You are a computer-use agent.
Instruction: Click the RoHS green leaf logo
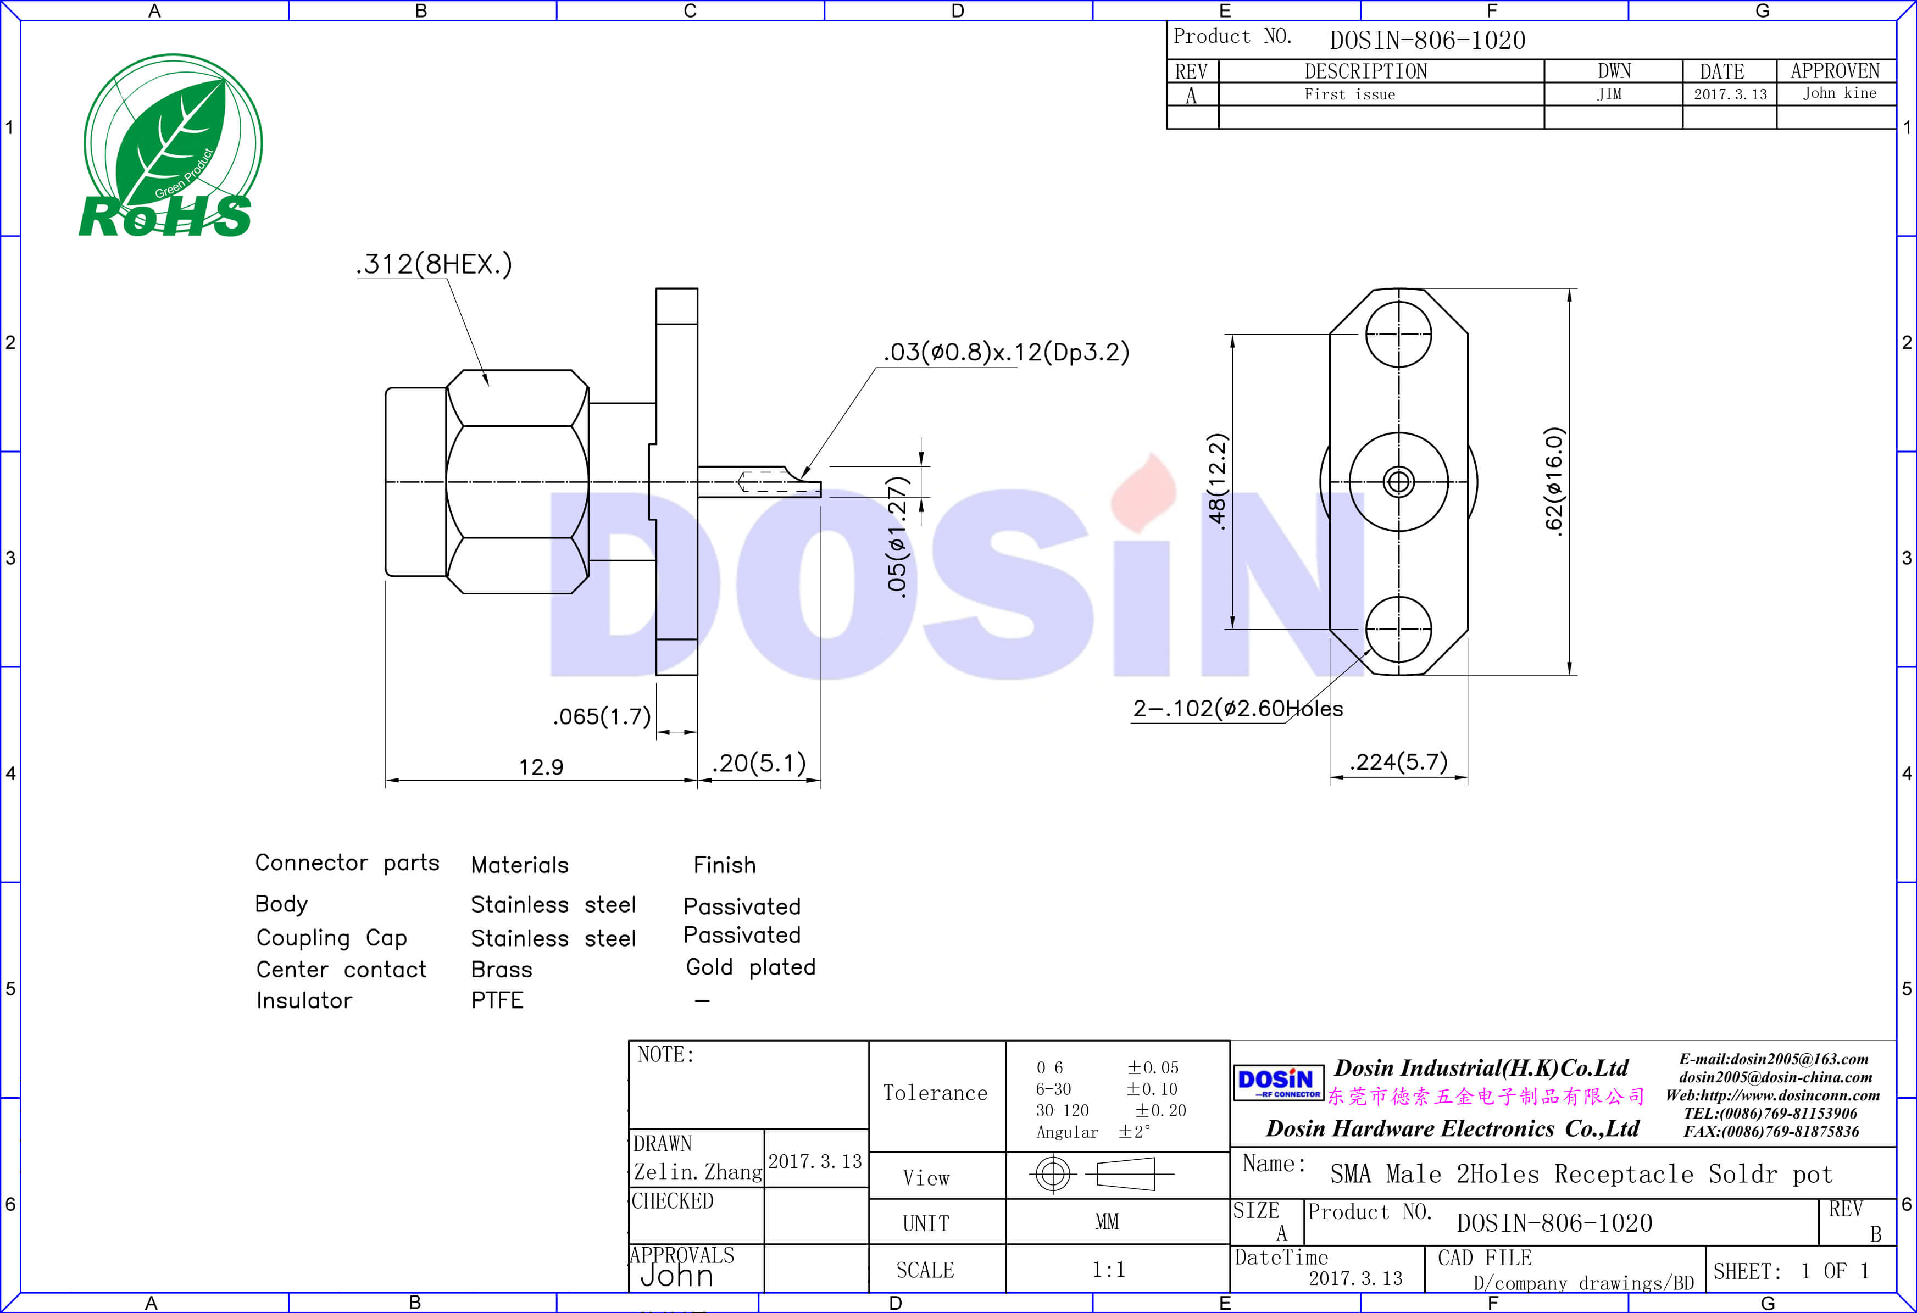pyautogui.click(x=171, y=146)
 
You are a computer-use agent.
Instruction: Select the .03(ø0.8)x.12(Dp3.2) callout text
pyautogui.click(x=1005, y=352)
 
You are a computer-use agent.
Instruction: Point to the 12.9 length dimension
pyautogui.click(x=541, y=767)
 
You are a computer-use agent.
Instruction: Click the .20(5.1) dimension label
pyautogui.click(x=759, y=763)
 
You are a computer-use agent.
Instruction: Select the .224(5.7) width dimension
pyautogui.click(x=1399, y=761)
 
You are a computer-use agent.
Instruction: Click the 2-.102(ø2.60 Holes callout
pyautogui.click(x=1237, y=709)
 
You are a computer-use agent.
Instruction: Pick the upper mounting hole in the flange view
pyautogui.click(x=1399, y=334)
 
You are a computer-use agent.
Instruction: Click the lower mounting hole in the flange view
pyautogui.click(x=1399, y=628)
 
